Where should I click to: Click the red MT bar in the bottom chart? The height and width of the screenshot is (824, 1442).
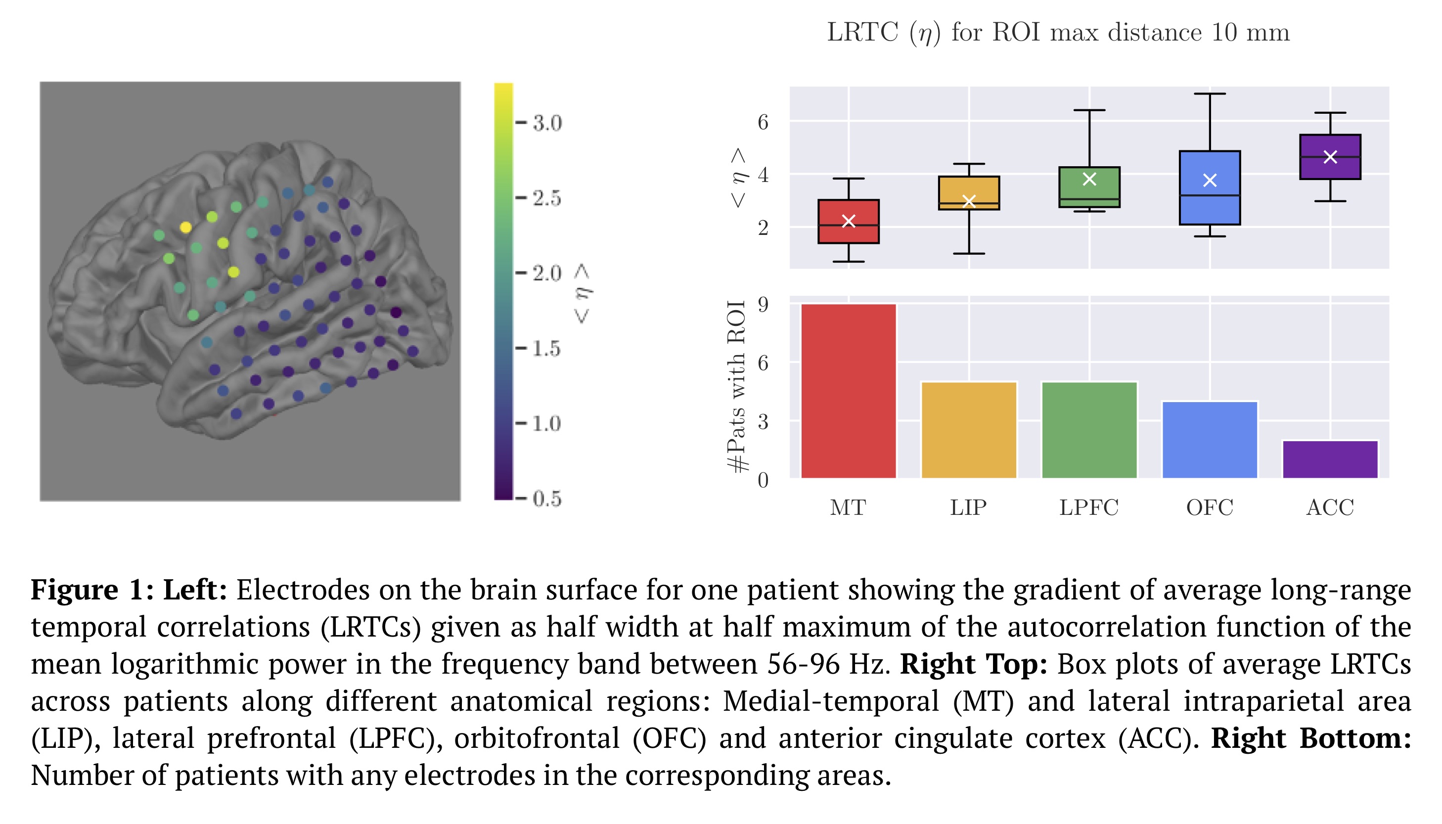[848, 391]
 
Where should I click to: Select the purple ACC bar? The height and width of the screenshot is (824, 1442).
[1329, 459]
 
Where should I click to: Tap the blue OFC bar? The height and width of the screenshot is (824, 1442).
[1209, 440]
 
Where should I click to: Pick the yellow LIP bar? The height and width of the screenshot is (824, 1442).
[968, 430]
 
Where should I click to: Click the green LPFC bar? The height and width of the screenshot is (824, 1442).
[1088, 430]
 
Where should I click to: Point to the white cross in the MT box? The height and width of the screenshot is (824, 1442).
[848, 221]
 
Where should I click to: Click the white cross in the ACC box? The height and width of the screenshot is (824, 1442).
[1330, 157]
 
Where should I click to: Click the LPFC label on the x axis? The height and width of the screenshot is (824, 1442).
[1088, 507]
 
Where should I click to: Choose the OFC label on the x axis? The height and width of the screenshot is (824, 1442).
[1209, 507]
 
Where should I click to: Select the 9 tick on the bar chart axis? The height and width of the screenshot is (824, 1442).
[763, 305]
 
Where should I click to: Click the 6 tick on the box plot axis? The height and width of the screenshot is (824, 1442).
[763, 122]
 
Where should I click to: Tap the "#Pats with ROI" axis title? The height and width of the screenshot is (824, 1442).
[736, 386]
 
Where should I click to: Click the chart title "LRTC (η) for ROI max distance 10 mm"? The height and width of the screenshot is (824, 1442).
[1058, 32]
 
